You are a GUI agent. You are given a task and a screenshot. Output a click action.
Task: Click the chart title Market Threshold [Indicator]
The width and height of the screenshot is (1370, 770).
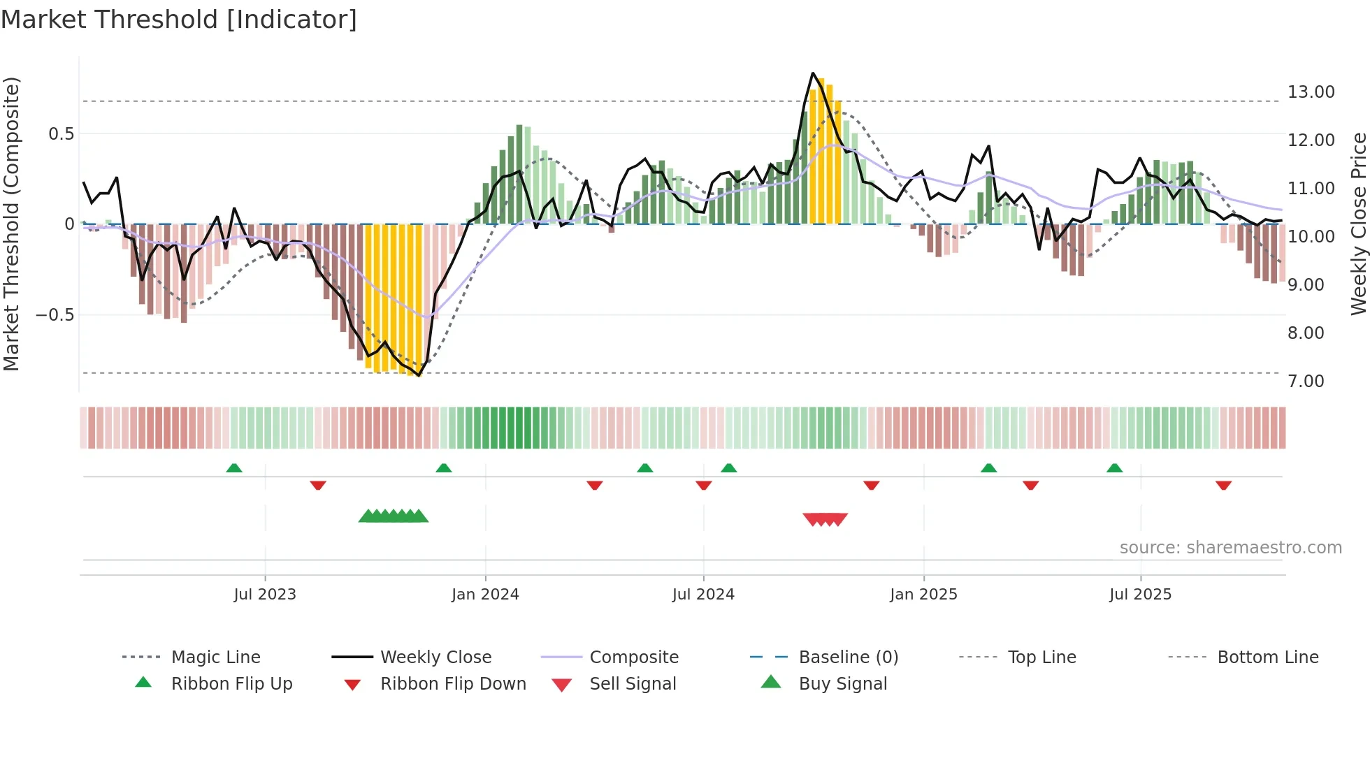(179, 20)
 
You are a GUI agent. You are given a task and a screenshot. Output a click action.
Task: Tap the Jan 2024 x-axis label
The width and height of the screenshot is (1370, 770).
(485, 595)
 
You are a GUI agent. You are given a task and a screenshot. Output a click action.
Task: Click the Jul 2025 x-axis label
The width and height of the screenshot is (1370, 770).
(1140, 595)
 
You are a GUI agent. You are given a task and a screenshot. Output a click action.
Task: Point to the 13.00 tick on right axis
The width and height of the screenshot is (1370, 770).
(1311, 92)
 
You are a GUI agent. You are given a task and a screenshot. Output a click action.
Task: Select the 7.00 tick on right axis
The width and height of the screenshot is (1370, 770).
(1306, 382)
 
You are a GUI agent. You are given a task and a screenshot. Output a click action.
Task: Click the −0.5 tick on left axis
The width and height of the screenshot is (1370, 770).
(55, 315)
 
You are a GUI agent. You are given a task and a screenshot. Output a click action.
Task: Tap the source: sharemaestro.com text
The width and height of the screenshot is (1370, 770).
(1230, 548)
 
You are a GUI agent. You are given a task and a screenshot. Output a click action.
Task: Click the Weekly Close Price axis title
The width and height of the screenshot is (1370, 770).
(1358, 224)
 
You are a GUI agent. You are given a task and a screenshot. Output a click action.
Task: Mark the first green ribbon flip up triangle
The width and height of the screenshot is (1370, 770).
(234, 468)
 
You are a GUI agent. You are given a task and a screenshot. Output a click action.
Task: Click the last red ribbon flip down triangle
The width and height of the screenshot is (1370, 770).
(1223, 485)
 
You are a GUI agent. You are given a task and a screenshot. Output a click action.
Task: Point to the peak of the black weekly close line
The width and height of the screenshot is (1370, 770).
(813, 73)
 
